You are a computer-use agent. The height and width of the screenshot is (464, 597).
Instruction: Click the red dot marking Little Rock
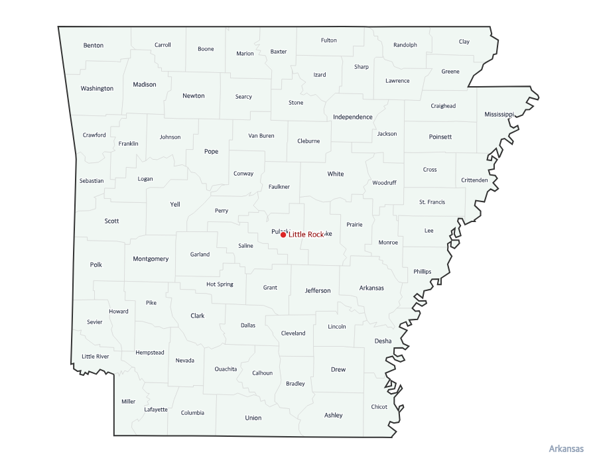[283, 235]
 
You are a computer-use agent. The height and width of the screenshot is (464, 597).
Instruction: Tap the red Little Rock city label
[306, 235]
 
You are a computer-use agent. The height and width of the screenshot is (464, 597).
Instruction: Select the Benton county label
[94, 45]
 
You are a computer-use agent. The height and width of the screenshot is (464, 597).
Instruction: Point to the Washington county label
[97, 88]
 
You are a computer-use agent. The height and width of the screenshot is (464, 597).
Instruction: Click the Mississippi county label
[499, 114]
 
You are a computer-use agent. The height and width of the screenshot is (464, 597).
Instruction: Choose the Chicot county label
[379, 407]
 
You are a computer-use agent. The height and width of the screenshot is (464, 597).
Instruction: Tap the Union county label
[253, 418]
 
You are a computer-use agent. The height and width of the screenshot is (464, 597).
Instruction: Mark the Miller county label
[128, 402]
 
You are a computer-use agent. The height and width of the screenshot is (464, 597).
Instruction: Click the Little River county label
[96, 357]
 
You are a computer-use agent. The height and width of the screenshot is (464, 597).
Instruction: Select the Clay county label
[464, 42]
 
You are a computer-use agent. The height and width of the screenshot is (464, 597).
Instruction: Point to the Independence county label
[353, 117]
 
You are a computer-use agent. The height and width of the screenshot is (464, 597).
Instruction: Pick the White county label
[336, 174]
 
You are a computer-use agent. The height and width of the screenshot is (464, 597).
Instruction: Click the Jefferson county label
[318, 290]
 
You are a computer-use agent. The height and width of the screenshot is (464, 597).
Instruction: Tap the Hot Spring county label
[220, 284]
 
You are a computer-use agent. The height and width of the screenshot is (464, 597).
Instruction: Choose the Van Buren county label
[261, 136]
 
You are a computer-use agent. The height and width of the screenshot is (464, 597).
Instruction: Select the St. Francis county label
[432, 202]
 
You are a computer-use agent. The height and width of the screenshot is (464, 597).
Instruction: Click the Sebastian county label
[92, 181]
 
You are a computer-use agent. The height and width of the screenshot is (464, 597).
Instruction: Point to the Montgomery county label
[151, 259]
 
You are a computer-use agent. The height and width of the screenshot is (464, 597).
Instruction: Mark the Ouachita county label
[226, 369]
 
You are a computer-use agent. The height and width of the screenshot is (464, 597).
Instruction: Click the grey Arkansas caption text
[566, 449]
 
